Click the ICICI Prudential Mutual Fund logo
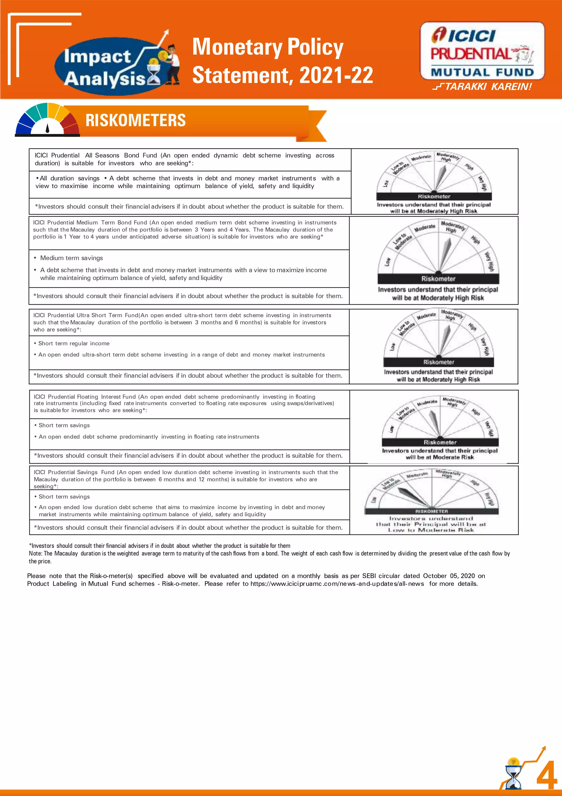482,51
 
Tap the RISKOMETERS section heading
136,120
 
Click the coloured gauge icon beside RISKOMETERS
47,120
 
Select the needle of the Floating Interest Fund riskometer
435,423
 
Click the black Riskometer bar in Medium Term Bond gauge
438,279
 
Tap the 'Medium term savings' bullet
71,258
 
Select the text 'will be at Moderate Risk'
440,457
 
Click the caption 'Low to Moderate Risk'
431,530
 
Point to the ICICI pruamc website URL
337,584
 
